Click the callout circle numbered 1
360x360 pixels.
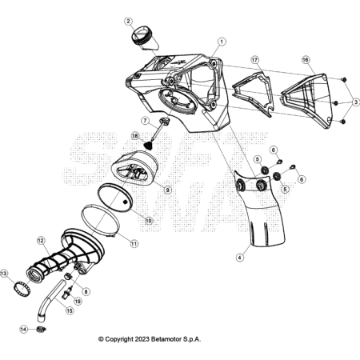(x=222, y=42)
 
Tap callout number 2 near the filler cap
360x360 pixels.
(x=129, y=21)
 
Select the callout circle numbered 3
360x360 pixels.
(x=355, y=102)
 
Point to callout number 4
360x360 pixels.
(x=240, y=258)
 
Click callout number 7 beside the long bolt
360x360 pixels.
(x=145, y=121)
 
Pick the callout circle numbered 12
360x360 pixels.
(x=41, y=241)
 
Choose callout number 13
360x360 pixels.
(x=4, y=274)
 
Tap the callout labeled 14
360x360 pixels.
(x=23, y=330)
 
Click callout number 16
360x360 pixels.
(x=306, y=59)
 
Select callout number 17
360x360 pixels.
(x=255, y=60)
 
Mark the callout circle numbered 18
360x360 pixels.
(x=135, y=136)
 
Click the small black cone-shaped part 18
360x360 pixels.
(x=148, y=146)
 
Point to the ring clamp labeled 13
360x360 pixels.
(x=22, y=288)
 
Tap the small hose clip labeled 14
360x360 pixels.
(x=41, y=330)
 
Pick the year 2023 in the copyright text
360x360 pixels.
(x=142, y=339)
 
